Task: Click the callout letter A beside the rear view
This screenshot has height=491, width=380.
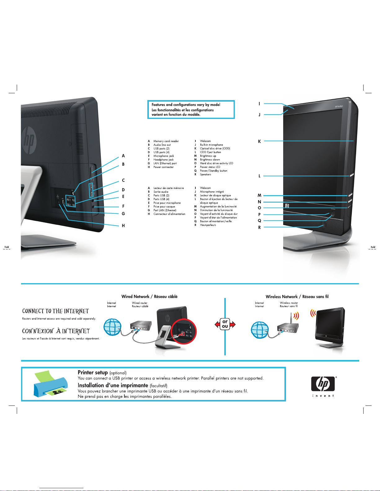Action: point(123,156)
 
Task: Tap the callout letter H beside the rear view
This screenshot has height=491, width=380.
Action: point(123,226)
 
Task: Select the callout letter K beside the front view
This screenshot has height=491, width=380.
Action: point(259,141)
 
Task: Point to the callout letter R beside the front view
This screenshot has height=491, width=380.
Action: point(259,227)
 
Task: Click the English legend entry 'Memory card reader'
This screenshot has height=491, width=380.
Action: point(166,141)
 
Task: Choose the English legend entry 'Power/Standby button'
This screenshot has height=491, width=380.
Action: point(213,171)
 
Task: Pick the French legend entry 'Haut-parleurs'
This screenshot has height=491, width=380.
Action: point(208,225)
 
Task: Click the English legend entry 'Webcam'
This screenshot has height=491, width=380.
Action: point(205,141)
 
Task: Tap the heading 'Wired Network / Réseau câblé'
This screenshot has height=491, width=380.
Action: point(150,296)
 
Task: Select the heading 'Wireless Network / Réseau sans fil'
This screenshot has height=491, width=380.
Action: point(297,296)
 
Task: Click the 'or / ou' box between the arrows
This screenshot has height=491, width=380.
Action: point(225,324)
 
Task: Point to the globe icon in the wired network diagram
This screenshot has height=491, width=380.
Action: point(112,327)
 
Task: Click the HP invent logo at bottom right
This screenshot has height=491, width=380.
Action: point(323,386)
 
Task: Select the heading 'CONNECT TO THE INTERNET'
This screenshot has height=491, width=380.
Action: point(56,311)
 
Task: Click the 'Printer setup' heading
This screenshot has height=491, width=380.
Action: point(93,372)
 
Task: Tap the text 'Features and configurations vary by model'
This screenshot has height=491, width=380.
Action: point(186,105)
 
